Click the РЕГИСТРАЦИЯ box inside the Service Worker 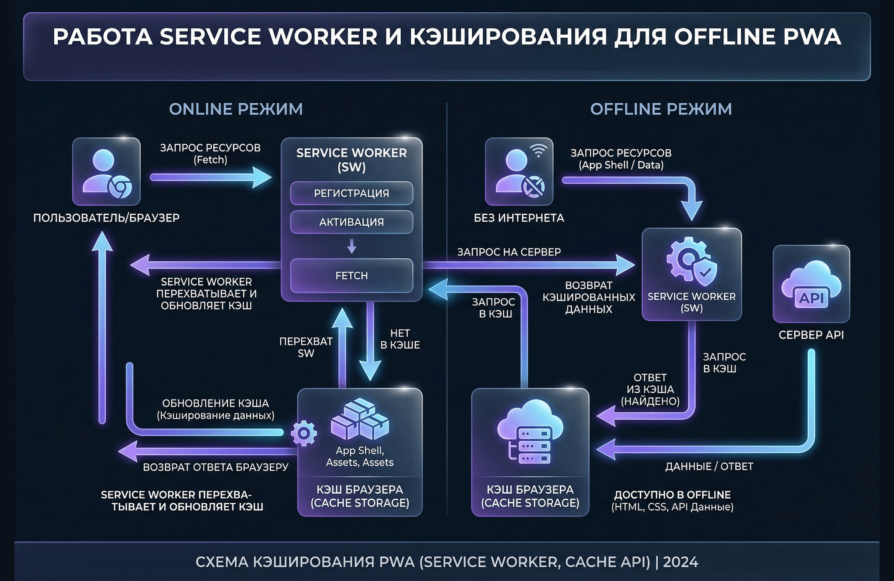(351, 193)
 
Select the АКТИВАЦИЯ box (351, 222)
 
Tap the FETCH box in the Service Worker (351, 275)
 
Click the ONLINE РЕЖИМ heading (236, 109)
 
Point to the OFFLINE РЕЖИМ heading (661, 109)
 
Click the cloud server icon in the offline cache (530, 432)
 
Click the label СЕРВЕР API (811, 335)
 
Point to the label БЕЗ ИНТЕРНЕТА (519, 218)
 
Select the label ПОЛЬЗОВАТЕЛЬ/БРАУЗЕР (106, 218)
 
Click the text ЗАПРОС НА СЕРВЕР (509, 252)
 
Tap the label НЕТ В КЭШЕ (400, 339)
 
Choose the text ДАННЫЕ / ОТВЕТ (709, 466)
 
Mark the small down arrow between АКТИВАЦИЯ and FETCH (351, 246)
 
